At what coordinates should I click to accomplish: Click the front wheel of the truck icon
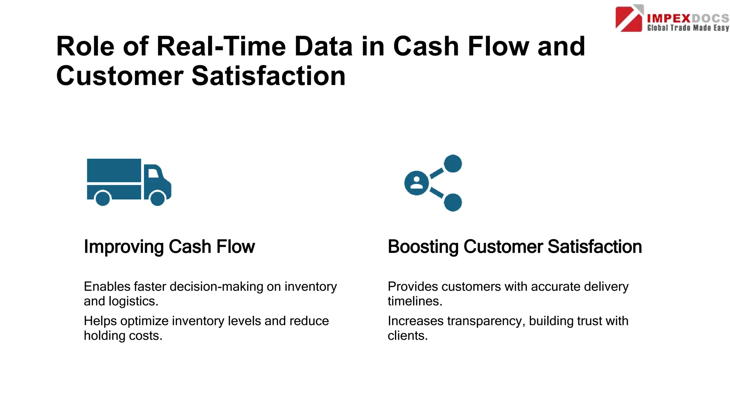pos(158,198)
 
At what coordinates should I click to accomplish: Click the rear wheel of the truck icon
pos(103,198)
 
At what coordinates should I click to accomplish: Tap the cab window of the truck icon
pos(153,173)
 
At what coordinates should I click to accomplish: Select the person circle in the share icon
pos(416,183)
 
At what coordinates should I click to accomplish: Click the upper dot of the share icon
pos(453,164)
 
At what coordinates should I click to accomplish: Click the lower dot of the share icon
pos(453,202)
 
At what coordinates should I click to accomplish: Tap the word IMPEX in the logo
pos(669,18)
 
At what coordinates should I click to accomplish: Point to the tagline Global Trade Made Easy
pos(688,28)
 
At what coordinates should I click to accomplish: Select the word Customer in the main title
pos(120,76)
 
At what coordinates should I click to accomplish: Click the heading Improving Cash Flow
pos(169,247)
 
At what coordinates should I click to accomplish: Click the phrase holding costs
pos(123,335)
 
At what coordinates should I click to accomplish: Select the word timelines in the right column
pos(415,301)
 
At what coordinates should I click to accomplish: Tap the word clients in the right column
pos(407,335)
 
